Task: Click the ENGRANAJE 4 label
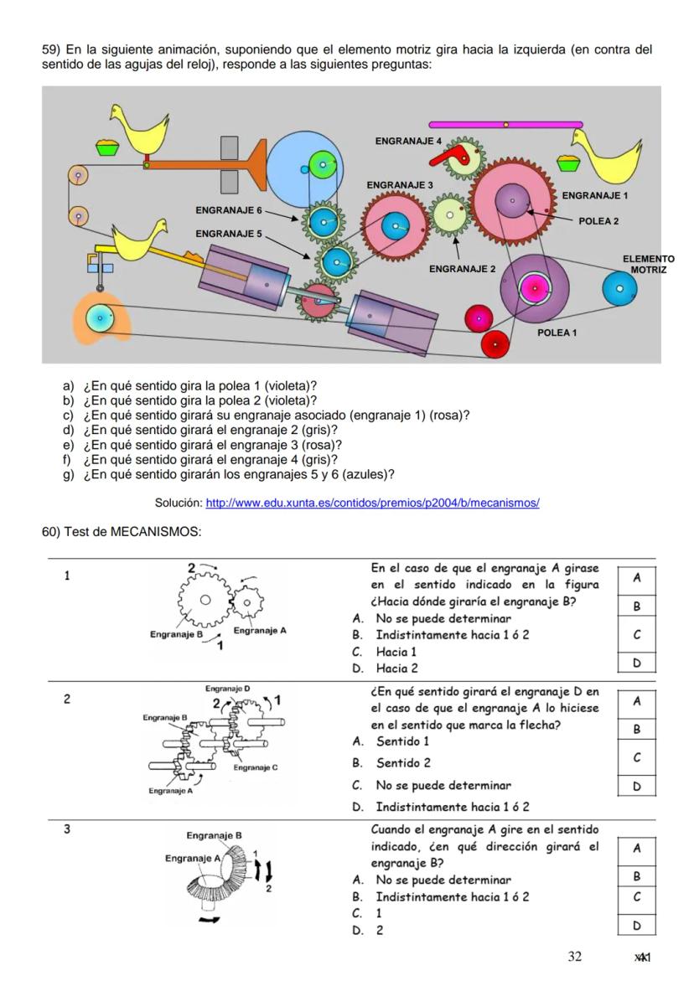pos(408,141)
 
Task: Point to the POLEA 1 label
pos(558,333)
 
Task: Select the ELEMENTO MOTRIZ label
pos(648,265)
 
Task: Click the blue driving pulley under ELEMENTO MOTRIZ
pos(619,289)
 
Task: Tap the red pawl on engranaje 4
pos(458,152)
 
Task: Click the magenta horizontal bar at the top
pos(505,124)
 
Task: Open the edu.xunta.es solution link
pos(372,503)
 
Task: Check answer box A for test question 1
pos(636,578)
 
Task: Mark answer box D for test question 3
pos(636,926)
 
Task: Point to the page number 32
pos(574,957)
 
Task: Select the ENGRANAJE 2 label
pos(462,269)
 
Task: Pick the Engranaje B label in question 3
pos(214,835)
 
